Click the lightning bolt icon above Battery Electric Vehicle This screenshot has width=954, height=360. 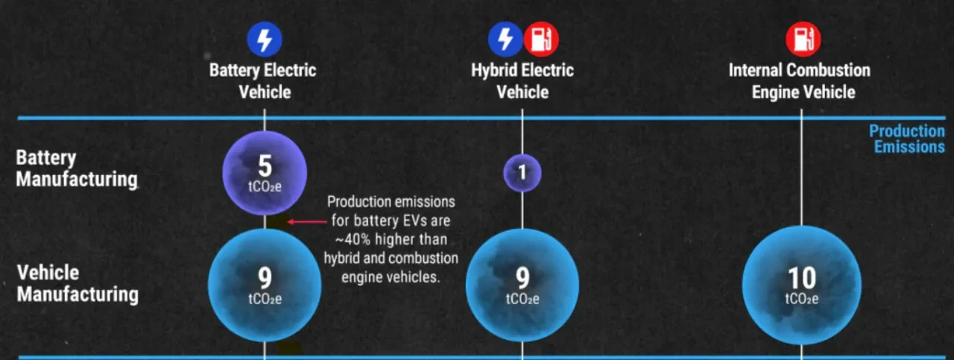(265, 40)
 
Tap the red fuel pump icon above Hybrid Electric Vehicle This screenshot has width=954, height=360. (541, 40)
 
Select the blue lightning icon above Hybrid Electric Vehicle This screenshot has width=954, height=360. (505, 40)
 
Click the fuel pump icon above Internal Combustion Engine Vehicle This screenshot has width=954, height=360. (803, 40)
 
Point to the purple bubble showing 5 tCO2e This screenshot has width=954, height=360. (265, 173)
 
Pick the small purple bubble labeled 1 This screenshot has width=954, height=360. (522, 172)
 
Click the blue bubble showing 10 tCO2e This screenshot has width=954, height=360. (801, 285)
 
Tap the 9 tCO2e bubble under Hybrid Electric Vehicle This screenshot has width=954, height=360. (522, 285)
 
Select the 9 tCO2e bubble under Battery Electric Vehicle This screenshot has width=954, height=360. (265, 285)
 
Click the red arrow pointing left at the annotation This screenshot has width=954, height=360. (307, 221)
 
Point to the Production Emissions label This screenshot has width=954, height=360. (907, 139)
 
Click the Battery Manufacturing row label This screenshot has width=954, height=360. (77, 168)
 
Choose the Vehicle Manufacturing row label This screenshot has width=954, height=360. (78, 284)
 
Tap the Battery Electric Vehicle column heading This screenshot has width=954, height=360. (263, 81)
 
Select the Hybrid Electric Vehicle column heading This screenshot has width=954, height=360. (522, 81)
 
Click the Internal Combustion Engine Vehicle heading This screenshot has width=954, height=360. (800, 81)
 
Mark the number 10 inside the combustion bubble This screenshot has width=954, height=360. (802, 278)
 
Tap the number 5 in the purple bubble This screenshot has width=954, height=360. (265, 165)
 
